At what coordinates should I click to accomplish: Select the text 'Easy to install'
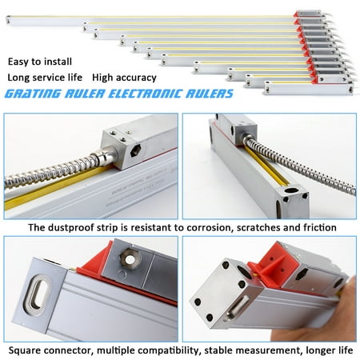[40, 61]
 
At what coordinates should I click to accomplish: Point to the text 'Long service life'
[46, 78]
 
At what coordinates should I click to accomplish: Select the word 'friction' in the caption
[315, 227]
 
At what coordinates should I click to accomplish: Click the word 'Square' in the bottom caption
[25, 350]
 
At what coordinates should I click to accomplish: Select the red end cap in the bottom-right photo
[272, 264]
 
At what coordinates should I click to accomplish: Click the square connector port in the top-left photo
[131, 149]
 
